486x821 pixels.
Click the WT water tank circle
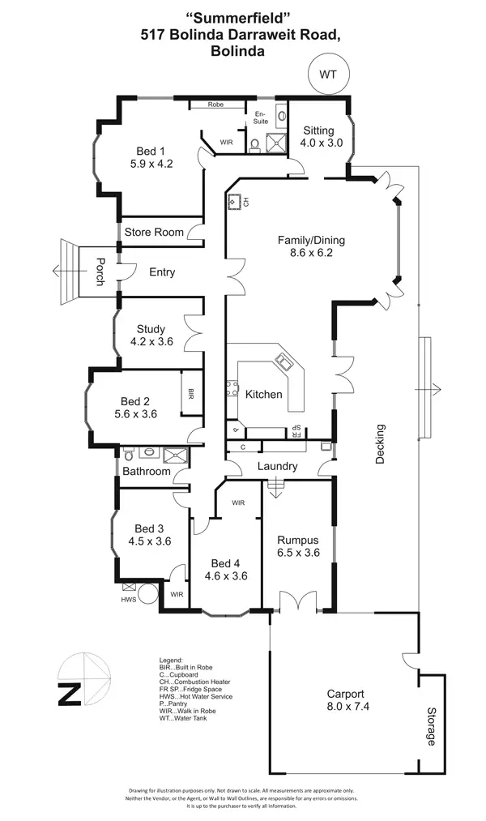click(x=328, y=74)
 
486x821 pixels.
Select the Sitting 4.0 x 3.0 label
click(x=322, y=136)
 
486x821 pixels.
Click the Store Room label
click(x=153, y=233)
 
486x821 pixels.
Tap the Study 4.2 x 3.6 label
click(x=151, y=336)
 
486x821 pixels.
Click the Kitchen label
click(x=264, y=395)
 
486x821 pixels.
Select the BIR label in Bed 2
click(x=191, y=394)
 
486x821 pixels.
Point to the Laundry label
click(x=277, y=467)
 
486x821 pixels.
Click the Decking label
click(x=381, y=443)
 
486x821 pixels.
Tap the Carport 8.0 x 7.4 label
click(x=345, y=700)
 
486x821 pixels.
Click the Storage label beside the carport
click(x=431, y=727)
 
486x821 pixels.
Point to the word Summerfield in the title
click(x=238, y=16)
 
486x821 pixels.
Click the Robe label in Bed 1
click(x=215, y=105)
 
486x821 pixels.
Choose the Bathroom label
click(x=147, y=472)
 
